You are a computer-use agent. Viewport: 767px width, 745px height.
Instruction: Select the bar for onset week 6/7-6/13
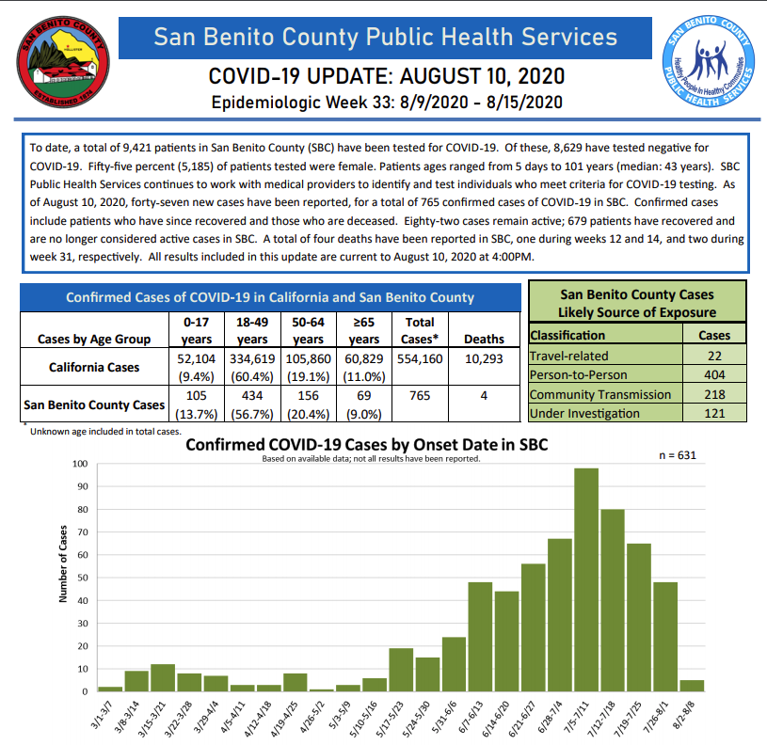481,637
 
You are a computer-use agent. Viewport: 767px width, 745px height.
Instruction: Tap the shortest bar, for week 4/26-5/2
322,690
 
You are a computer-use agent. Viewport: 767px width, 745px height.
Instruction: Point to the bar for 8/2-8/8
692,686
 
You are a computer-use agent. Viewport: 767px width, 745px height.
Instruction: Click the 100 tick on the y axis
80,464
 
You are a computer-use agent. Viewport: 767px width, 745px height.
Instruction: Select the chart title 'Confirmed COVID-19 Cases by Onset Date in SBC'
366,444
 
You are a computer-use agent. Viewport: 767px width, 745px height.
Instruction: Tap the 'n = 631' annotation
678,455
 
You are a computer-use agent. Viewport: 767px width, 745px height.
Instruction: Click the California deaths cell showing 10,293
484,359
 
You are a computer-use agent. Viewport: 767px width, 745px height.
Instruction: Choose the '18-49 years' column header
252,330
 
